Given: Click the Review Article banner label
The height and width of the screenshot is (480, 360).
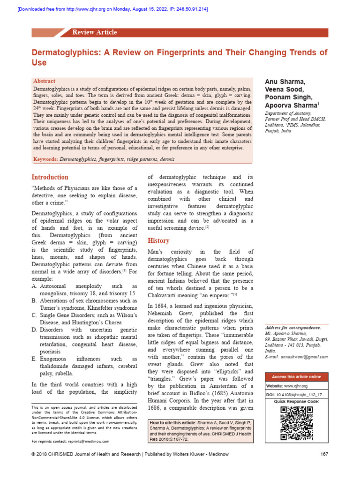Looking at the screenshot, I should pyautogui.click(x=94, y=32).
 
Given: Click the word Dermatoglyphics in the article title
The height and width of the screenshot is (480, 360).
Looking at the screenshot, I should pyautogui.click(x=64, y=52).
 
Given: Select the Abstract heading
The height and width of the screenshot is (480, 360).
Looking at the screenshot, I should pyautogui.click(x=44, y=81).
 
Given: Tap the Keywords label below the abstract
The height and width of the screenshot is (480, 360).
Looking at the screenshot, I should pyautogui.click(x=45, y=159).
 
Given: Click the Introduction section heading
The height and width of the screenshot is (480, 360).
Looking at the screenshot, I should pyautogui.click(x=50, y=177).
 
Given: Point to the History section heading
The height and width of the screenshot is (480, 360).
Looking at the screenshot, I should pyautogui.click(x=158, y=240).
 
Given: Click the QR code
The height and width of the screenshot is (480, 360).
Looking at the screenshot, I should pyautogui.click(x=296, y=423).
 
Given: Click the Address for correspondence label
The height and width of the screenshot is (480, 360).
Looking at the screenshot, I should pyautogui.click(x=293, y=327).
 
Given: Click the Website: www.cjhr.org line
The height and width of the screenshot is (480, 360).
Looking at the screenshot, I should pyautogui.click(x=287, y=386).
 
